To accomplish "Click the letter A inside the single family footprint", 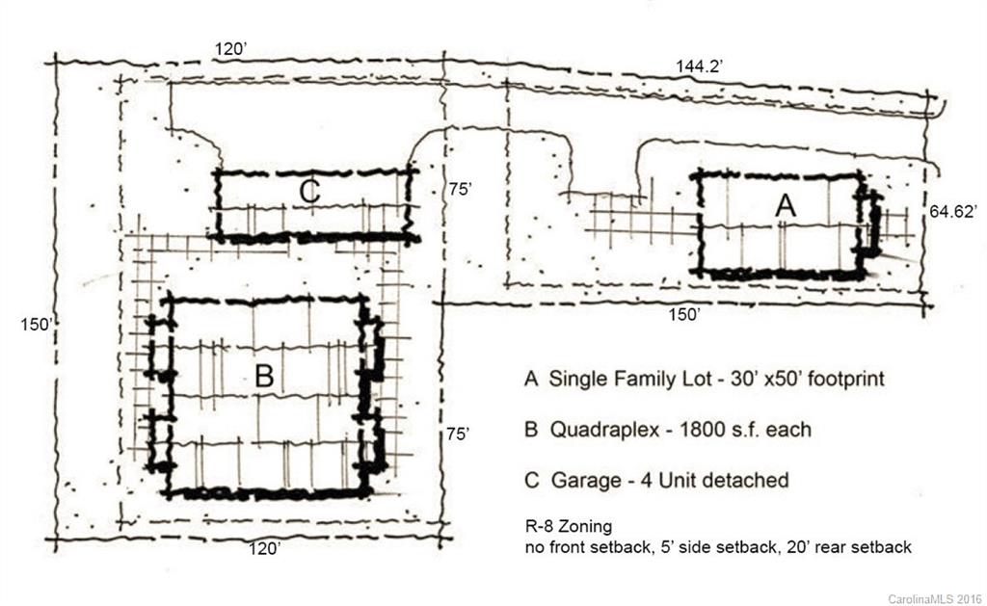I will (x=786, y=205).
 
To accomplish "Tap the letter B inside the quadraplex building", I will (x=263, y=376).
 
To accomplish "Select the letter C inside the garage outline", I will (x=308, y=192).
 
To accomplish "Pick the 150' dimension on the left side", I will (x=35, y=324).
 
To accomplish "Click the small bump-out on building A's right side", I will (x=873, y=224).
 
